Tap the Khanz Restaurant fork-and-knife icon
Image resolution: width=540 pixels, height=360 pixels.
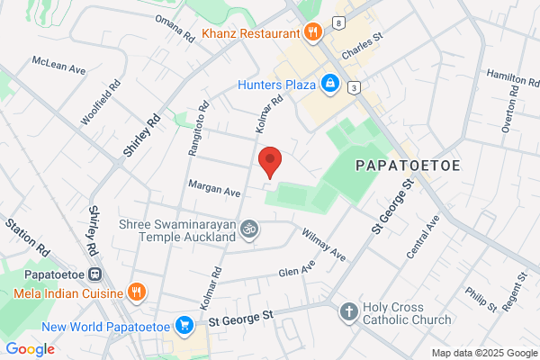click(313, 33)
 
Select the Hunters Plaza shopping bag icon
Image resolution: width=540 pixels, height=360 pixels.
click(330, 85)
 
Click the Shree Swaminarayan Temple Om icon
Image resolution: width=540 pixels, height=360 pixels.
click(249, 229)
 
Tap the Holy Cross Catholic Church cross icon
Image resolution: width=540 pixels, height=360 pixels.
click(348, 313)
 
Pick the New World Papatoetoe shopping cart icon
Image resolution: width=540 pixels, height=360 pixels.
click(184, 324)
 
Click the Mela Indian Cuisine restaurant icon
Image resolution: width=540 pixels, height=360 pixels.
click(136, 292)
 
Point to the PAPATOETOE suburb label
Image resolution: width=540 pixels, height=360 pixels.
click(409, 166)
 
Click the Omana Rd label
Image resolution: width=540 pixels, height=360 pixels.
click(175, 30)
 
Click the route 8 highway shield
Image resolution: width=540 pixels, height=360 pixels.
click(337, 22)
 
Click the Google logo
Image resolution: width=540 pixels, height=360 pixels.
click(30, 348)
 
